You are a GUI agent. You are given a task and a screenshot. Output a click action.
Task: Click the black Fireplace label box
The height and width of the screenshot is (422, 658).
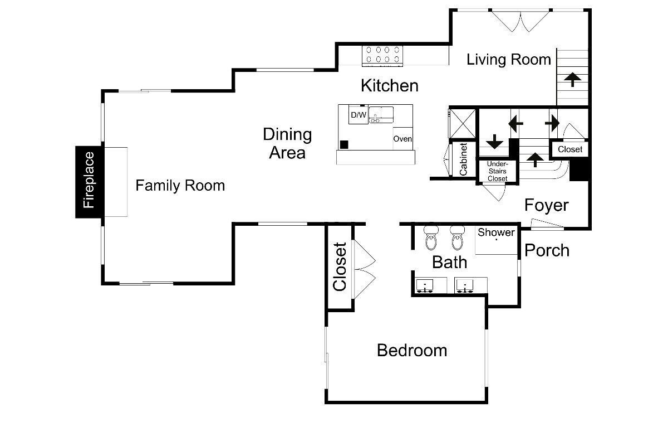coord(89,182)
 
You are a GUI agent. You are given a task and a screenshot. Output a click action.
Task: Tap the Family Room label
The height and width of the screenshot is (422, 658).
coord(180,186)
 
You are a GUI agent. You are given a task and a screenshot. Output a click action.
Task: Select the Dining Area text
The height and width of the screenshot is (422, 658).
coord(287,143)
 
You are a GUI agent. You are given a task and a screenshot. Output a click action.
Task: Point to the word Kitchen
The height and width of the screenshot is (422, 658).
coord(390,85)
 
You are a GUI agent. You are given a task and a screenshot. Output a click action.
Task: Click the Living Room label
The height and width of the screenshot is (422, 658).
coord(509,59)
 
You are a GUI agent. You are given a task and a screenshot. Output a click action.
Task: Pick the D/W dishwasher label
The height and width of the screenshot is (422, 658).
coord(359,115)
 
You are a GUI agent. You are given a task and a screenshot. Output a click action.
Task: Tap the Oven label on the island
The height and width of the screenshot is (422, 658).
coord(402,139)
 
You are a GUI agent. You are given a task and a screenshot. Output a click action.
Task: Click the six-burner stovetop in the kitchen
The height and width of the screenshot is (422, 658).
coord(382,56)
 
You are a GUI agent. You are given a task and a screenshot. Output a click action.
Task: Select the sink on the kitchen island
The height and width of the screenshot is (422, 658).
coord(381,115)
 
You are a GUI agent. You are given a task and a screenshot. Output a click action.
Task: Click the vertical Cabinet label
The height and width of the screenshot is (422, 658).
coord(463,159)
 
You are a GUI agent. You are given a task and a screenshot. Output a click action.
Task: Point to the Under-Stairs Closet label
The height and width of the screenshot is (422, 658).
coord(498,171)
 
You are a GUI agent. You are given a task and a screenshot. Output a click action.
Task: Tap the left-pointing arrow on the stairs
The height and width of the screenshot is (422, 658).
coord(515,124)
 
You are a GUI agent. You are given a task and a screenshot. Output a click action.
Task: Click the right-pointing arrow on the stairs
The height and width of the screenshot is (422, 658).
coord(552,123)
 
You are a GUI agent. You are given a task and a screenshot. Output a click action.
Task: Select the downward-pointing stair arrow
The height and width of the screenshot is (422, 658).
coord(495,142)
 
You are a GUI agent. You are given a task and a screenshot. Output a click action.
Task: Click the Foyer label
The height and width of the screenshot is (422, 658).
coord(546,205)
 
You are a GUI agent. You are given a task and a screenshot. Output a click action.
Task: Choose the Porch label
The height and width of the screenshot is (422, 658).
coord(547,250)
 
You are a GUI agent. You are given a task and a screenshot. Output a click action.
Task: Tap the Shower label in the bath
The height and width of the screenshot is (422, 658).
coord(496,232)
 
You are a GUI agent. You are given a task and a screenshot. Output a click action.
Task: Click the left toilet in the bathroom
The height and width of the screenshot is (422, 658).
coord(431,237)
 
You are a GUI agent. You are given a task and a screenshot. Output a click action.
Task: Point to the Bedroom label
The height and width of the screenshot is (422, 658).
coord(412,350)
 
